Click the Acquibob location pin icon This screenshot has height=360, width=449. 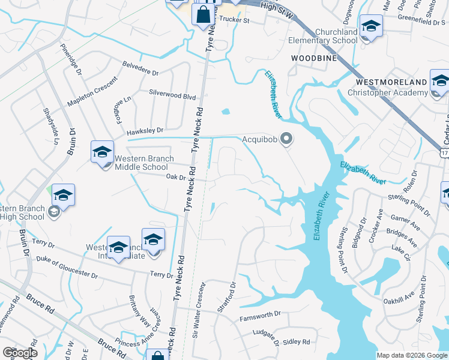coord(286,140)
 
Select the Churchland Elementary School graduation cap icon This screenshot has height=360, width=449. coord(371,26)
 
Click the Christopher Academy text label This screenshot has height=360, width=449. coord(388,92)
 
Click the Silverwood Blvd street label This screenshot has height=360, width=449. coord(172,95)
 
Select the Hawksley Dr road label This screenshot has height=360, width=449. coord(145,130)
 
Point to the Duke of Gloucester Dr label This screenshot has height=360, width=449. coord(67,266)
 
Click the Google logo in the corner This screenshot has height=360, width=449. coord(20,353)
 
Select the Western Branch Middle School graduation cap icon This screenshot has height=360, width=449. coord(102,152)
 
